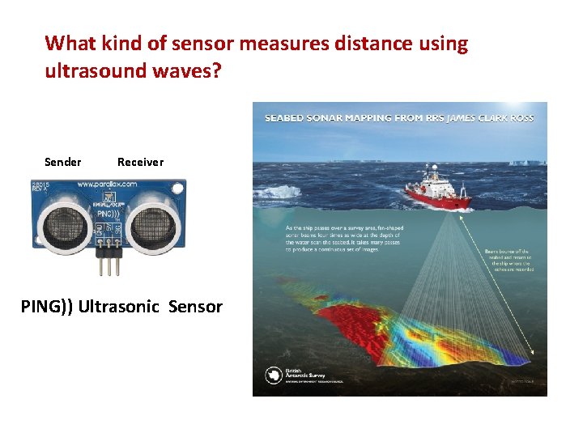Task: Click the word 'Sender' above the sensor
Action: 62,162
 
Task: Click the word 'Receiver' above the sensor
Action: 140,162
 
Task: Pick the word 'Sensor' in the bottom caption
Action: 196,307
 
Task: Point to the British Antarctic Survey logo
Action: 274,375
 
